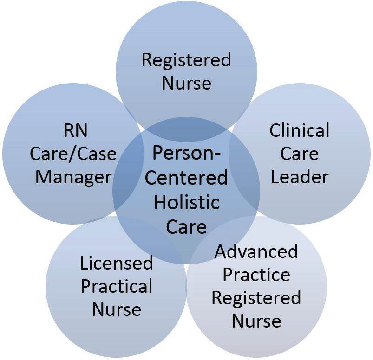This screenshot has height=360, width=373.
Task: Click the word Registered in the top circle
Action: pos(186,60)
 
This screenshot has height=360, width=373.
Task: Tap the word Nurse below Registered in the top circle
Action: pos(186,83)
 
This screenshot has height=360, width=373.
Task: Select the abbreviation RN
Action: pos(75,131)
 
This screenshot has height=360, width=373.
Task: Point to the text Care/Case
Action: pos(73,154)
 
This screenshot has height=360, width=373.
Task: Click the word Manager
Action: pos(73,177)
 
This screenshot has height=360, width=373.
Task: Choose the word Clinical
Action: pos(300,130)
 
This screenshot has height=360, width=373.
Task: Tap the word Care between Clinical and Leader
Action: pos(300,154)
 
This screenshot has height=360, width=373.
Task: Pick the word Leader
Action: pos(300,177)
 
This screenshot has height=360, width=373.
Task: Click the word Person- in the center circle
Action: pos(186,154)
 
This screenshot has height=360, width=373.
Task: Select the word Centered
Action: pos(186,178)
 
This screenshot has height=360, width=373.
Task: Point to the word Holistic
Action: pos(186,203)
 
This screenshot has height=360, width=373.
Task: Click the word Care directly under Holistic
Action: pos(186,227)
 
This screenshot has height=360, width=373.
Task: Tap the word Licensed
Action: pos(116,263)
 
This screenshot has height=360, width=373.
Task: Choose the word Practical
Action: pos(116,286)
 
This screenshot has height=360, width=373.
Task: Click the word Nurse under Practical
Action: pos(116,309)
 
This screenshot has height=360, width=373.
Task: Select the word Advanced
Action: pos(256,251)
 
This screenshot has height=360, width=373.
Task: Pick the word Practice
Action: pos(256,275)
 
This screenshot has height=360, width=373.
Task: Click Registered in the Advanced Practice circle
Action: pos(256,298)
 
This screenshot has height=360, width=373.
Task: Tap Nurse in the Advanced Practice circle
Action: pos(256,321)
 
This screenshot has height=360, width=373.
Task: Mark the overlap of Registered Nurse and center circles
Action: pos(186,130)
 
